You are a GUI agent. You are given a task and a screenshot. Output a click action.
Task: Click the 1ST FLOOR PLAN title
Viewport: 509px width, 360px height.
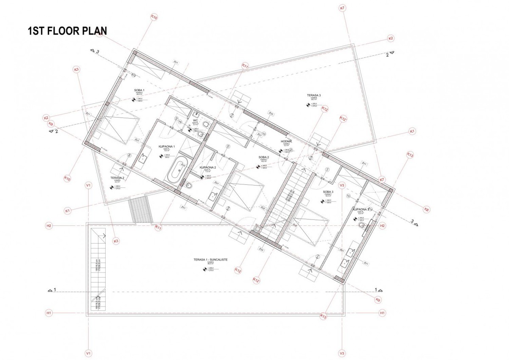67,31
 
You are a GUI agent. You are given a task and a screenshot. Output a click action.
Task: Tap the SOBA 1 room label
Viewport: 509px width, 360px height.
140,90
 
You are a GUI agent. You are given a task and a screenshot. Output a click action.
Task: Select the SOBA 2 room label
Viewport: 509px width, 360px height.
264,157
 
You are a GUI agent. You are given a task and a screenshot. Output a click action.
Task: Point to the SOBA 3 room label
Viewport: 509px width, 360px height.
328,192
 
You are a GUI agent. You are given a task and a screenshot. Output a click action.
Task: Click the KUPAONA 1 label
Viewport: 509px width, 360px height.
167,146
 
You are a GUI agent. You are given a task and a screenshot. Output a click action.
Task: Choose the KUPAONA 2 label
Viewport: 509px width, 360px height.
208,168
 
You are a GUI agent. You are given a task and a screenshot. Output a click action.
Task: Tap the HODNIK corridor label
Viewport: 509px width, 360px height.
288,141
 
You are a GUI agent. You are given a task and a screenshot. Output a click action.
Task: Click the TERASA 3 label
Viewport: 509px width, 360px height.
314,96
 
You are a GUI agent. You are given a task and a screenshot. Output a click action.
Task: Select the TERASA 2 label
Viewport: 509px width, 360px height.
117,178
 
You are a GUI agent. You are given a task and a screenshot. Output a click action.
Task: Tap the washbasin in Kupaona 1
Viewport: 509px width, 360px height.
143,158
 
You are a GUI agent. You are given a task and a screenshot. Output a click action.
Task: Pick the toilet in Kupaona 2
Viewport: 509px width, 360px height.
188,185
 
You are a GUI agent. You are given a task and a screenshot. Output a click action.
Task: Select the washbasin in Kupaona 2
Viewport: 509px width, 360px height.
213,195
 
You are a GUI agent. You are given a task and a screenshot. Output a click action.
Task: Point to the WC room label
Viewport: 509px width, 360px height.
196,121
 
